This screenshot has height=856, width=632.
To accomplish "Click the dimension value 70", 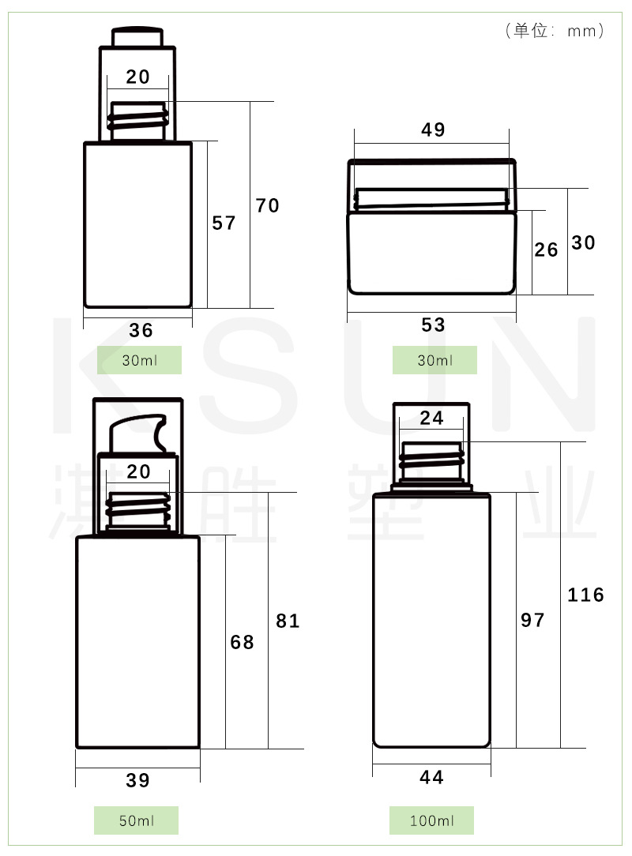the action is (x=267, y=206).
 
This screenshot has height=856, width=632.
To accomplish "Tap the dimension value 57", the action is (x=224, y=223).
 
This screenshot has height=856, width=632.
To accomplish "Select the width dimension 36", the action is (x=141, y=330).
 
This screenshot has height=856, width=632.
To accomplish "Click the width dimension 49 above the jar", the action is (x=433, y=130).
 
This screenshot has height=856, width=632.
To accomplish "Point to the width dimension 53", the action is (x=433, y=325).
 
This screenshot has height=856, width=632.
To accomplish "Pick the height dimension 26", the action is (x=546, y=250).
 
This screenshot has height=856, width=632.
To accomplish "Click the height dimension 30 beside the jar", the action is (x=583, y=242).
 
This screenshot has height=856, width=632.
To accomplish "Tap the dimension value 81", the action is (x=288, y=621).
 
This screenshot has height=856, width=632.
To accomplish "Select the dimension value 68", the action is (x=242, y=642).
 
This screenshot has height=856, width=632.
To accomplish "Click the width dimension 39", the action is (x=137, y=780).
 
